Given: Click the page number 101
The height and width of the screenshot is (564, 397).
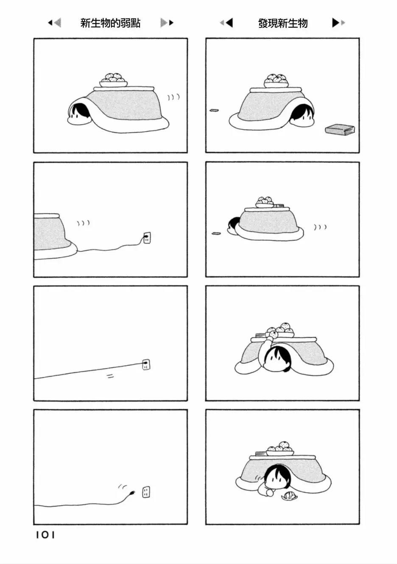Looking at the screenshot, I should coord(45,535).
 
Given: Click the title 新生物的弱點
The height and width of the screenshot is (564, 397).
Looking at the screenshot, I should coord(110,23).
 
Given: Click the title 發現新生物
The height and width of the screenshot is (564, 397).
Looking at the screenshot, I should coord(282,23).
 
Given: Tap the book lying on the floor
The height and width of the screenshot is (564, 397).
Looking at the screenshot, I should coord(340,129).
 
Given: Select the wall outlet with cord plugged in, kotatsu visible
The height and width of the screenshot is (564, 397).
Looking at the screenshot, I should coord(147,238).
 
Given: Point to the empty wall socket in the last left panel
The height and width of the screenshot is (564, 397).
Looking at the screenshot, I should coord(146,492).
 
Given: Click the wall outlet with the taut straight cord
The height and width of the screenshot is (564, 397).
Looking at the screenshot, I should coord(146,364).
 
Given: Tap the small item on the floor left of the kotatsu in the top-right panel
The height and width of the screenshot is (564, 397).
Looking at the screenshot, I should coord(214,111).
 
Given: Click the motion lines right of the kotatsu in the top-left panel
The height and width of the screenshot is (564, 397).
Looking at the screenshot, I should coord(173,97).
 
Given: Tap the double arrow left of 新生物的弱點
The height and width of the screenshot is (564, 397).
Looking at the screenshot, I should coord(54,23).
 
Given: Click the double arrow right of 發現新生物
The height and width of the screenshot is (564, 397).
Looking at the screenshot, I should coord(338,23).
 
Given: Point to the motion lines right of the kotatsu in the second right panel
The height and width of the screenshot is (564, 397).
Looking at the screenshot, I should coord(320,228).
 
